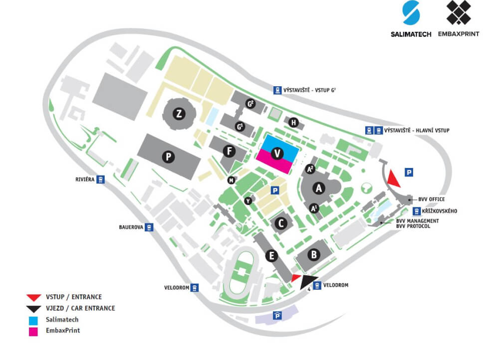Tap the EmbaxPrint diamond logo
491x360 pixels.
pyautogui.click(x=459, y=13)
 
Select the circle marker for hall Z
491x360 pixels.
pyautogui.click(x=179, y=114)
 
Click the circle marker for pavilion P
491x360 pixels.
pyautogui.click(x=169, y=157)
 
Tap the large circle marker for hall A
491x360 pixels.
pyautogui.click(x=317, y=188)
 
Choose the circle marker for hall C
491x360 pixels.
pyautogui.click(x=281, y=223)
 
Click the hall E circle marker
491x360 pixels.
pyautogui.click(x=271, y=256)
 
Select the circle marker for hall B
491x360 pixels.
pyautogui.click(x=313, y=255)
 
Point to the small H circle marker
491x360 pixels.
pyautogui.click(x=294, y=123)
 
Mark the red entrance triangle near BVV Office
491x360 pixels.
pyautogui.click(x=393, y=177)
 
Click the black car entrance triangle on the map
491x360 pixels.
pyautogui.click(x=310, y=282)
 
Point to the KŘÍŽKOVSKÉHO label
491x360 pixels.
pyautogui.click(x=439, y=211)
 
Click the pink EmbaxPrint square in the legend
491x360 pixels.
pyautogui.click(x=33, y=331)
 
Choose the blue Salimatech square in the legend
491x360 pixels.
pyautogui.click(x=33, y=320)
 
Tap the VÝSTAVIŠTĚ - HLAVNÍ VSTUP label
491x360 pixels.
pyautogui.click(x=417, y=131)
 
